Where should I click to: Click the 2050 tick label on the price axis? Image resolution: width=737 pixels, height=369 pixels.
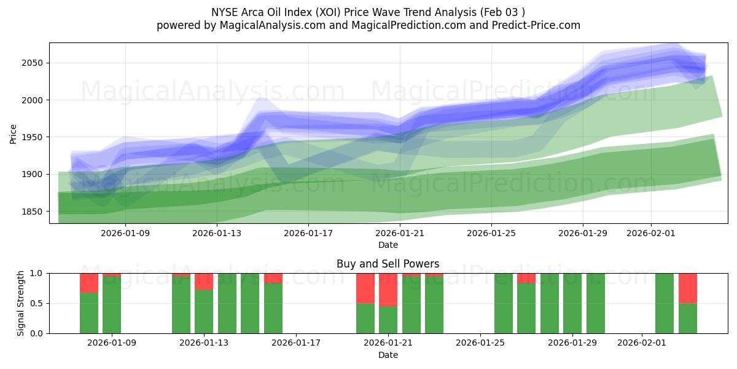pos(32,63)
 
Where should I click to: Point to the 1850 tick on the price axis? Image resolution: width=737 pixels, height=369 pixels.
pos(32,212)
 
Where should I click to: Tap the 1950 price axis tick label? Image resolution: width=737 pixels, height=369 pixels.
pos(32,137)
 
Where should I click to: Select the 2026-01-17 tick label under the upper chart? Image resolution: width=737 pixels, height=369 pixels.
pos(308,234)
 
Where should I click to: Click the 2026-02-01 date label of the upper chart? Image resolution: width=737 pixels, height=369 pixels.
pos(650,234)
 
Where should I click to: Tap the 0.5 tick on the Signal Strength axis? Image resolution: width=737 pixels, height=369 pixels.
pos(37,303)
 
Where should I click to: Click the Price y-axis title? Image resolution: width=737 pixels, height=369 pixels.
pos(13,133)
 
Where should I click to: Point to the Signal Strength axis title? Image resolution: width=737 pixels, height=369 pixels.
pos(20,303)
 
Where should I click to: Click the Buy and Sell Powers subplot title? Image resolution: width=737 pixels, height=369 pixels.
pos(388,264)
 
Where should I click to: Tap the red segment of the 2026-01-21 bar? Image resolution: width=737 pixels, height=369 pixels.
pos(388,289)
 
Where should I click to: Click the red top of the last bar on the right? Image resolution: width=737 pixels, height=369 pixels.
pos(687,288)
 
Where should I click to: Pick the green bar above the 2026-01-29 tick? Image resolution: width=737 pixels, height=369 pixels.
pos(572,303)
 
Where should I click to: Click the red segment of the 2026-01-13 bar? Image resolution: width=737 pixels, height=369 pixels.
pos(204,281)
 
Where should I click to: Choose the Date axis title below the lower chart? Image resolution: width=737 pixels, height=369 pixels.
pos(388,355)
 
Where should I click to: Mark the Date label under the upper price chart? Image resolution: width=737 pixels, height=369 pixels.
pos(388,245)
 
